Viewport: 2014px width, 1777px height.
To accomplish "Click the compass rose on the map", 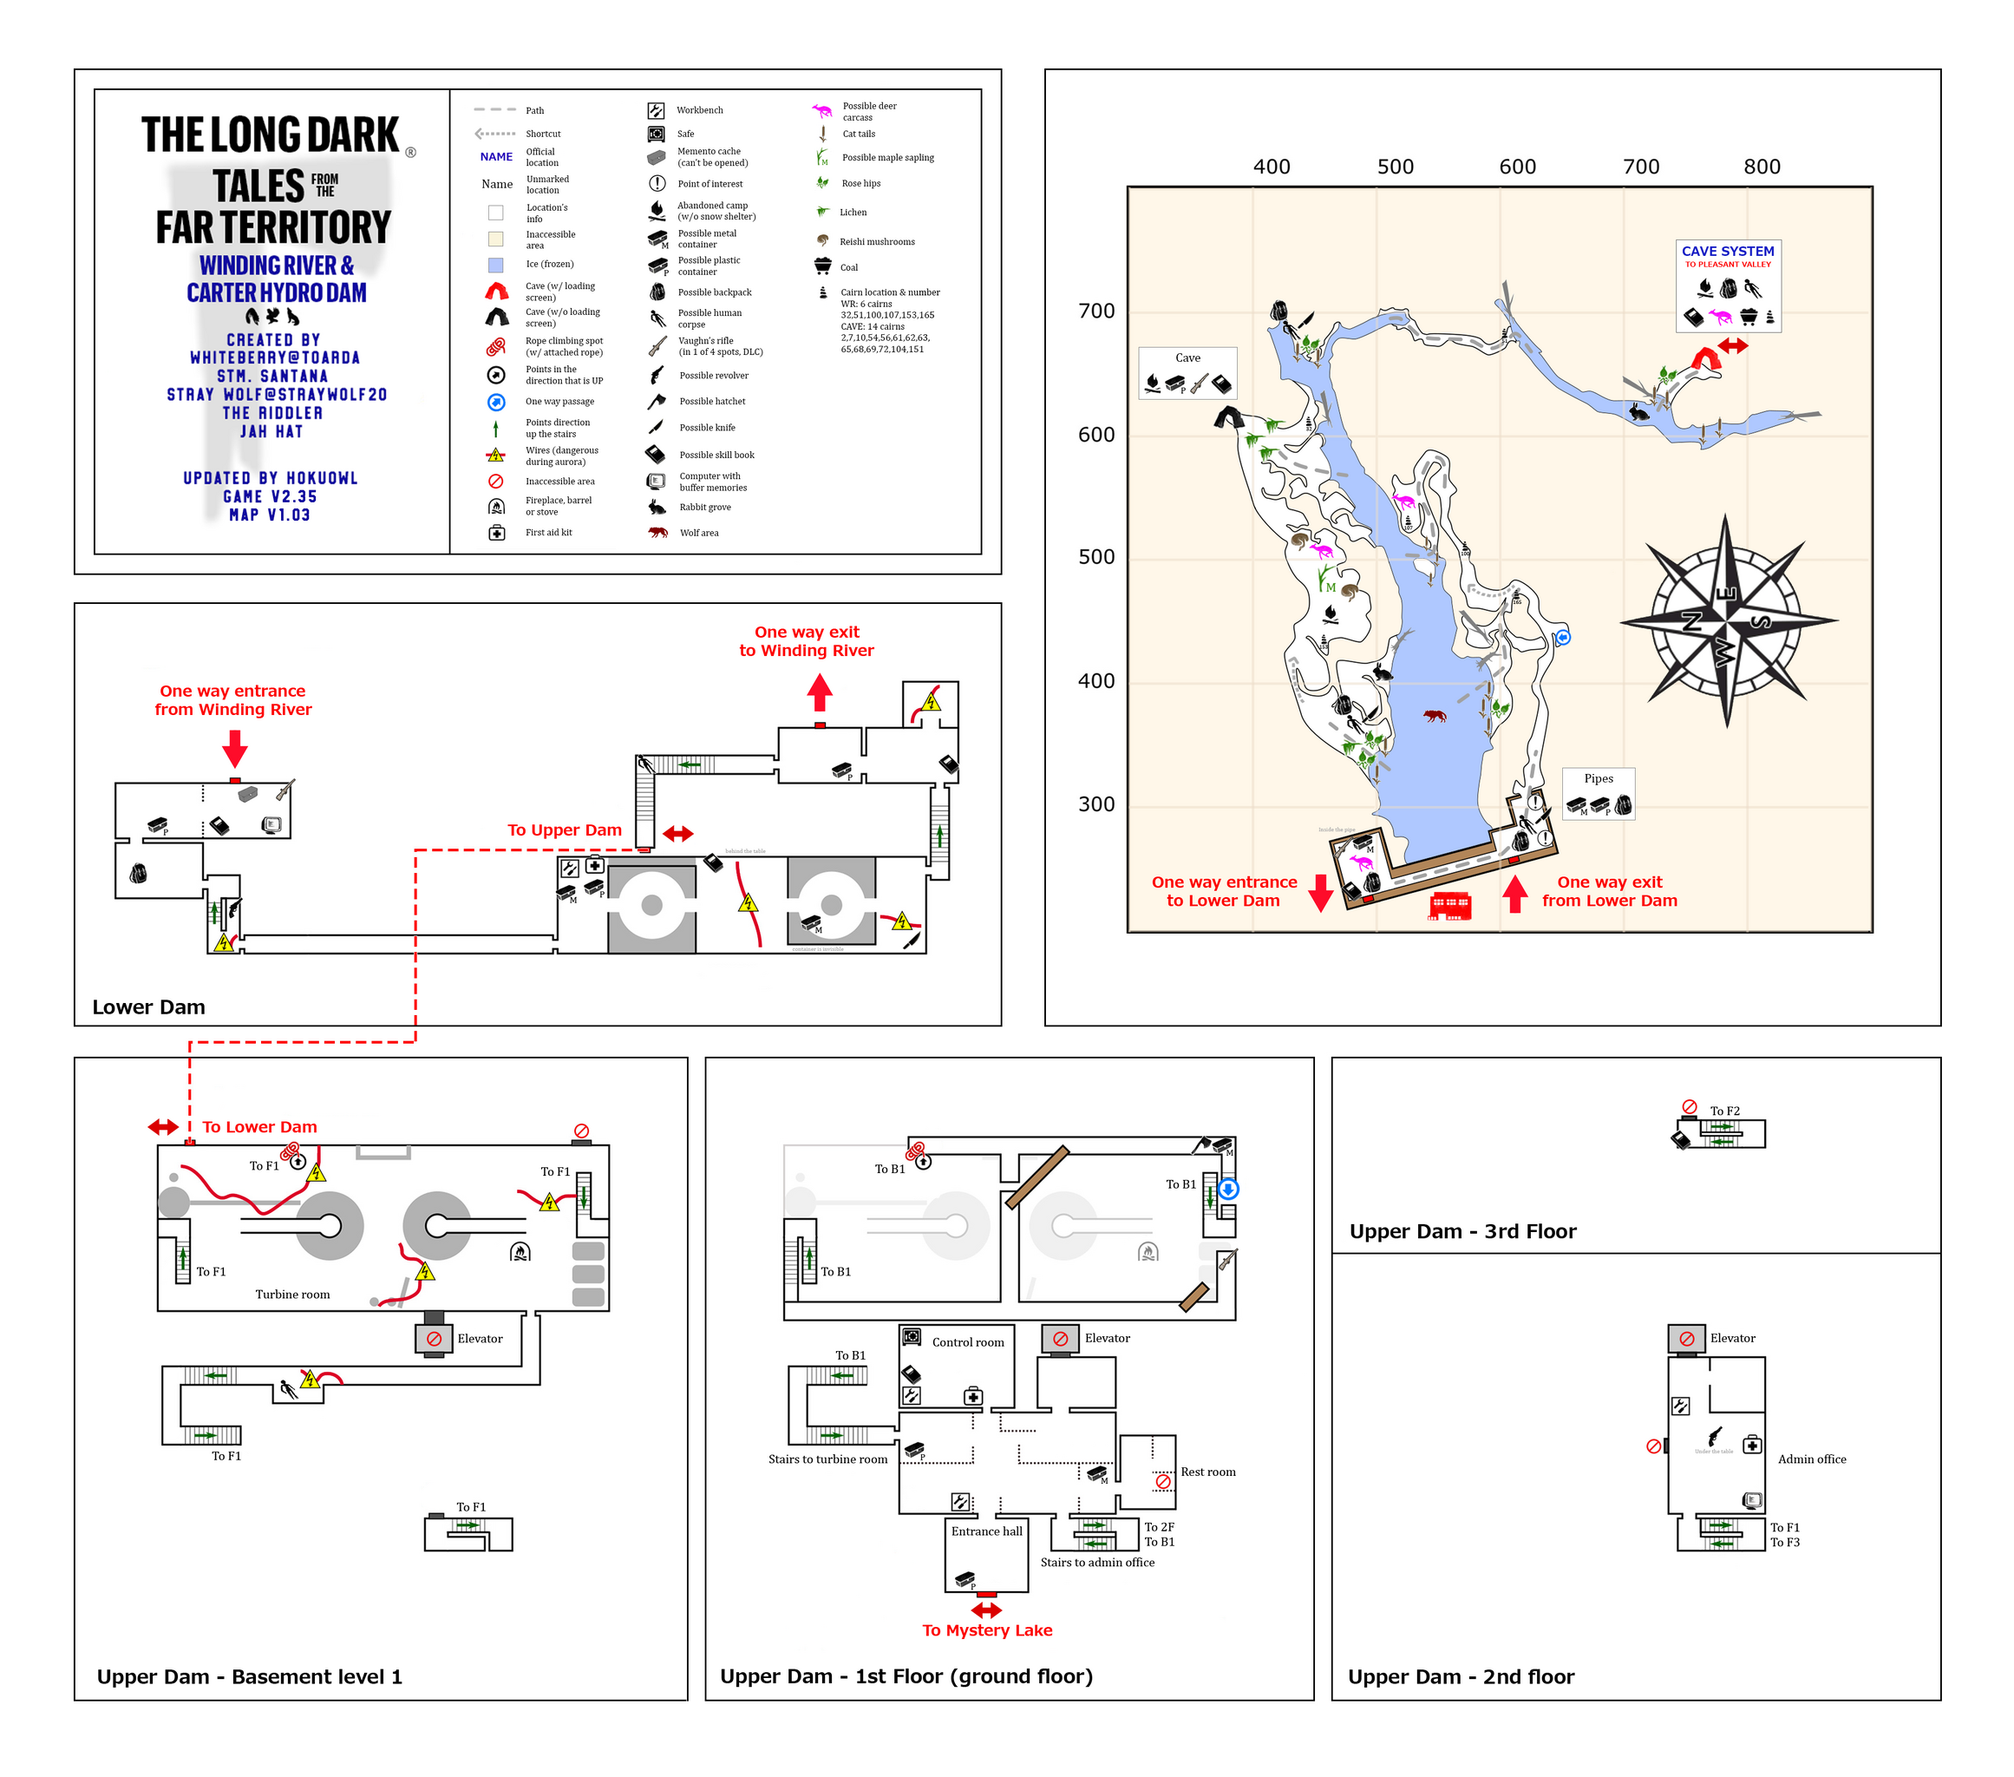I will pos(1726,622).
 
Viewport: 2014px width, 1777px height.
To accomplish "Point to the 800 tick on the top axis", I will pos(1762,167).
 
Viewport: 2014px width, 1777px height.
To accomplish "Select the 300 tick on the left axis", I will pos(1095,804).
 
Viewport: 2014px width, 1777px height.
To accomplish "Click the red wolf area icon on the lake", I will pos(1435,715).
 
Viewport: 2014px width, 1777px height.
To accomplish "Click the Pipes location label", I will pos(1599,778).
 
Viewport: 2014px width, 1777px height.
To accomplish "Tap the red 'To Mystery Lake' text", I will pos(986,1630).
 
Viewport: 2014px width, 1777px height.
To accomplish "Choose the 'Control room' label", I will pos(968,1342).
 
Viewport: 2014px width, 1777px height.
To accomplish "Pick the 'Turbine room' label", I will pos(292,1294).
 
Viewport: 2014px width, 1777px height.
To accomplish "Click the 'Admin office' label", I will pos(1811,1459).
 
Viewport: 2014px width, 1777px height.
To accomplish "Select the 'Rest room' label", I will pos(1208,1472).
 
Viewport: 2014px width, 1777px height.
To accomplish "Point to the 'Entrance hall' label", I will pos(986,1531).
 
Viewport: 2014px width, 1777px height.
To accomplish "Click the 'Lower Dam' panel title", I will pos(149,1007).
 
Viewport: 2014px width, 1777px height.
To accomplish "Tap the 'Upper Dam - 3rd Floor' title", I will pos(1462,1231).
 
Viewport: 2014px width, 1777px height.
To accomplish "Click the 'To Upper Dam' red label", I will pos(565,829).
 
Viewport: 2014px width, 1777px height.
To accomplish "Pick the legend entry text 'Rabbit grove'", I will pos(704,508).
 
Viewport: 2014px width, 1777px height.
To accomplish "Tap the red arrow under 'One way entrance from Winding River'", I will pos(234,748).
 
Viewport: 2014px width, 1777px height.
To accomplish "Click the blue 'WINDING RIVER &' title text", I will pos(276,266).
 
